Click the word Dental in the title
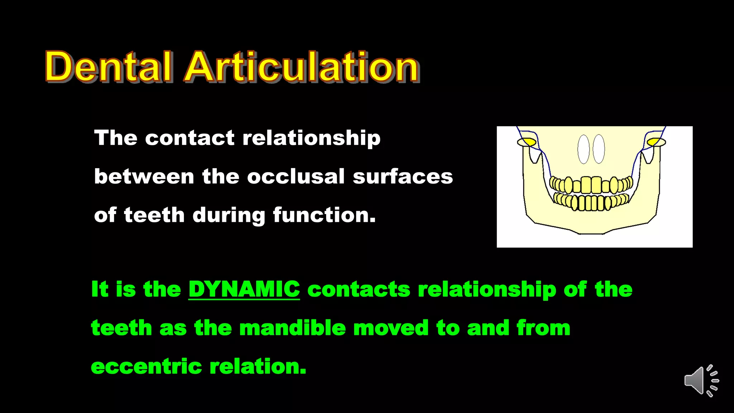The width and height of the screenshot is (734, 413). pyautogui.click(x=108, y=67)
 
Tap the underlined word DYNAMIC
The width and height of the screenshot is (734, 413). pyautogui.click(x=244, y=289)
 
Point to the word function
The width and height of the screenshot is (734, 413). pyautogui.click(x=324, y=215)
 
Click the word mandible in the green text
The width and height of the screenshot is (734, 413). pyautogui.click(x=292, y=328)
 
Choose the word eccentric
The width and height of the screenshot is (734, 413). pyautogui.click(x=147, y=366)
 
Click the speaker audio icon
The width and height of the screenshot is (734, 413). pyautogui.click(x=701, y=381)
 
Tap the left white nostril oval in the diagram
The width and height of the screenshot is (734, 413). pyautogui.click(x=583, y=149)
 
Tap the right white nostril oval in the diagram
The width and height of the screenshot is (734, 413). pyautogui.click(x=599, y=149)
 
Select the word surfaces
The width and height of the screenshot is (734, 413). pyautogui.click(x=402, y=176)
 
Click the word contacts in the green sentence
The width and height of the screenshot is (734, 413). pyautogui.click(x=358, y=289)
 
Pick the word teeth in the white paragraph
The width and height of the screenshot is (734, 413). pyautogui.click(x=154, y=215)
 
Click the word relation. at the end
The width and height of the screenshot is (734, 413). pyautogui.click(x=258, y=366)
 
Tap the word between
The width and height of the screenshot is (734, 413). pyautogui.click(x=144, y=176)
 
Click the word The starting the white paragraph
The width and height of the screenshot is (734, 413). pyautogui.click(x=115, y=138)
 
